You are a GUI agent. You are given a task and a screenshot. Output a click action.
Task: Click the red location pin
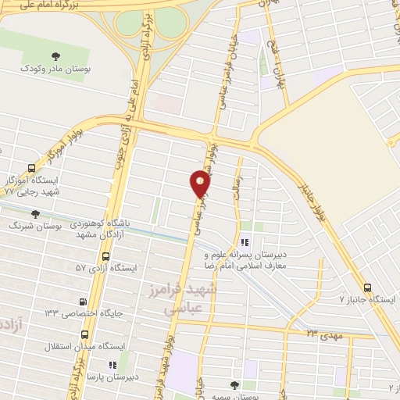[201, 184]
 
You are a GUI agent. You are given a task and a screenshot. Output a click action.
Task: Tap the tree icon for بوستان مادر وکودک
[55, 55]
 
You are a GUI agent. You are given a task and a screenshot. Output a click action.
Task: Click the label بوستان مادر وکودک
[57, 70]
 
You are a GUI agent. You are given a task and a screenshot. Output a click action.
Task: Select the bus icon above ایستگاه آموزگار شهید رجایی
[31, 167]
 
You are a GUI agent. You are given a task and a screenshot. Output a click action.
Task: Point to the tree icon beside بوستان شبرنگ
[34, 213]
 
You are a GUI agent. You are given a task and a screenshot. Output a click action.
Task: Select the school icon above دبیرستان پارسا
[113, 363]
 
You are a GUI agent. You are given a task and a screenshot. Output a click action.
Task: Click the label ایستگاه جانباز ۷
[368, 299]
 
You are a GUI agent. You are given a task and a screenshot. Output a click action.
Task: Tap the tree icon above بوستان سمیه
[234, 384]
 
